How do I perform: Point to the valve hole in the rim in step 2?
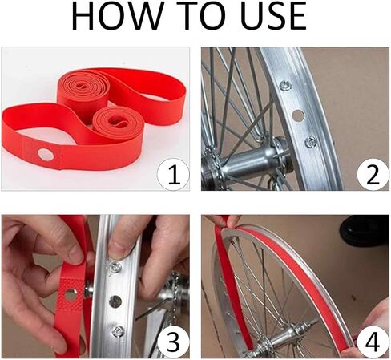click(298, 115)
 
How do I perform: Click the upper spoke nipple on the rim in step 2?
click(284, 85)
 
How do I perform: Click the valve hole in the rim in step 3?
click(115, 301)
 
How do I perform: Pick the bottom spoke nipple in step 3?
click(118, 332)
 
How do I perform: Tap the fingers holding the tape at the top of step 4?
click(220, 220)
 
